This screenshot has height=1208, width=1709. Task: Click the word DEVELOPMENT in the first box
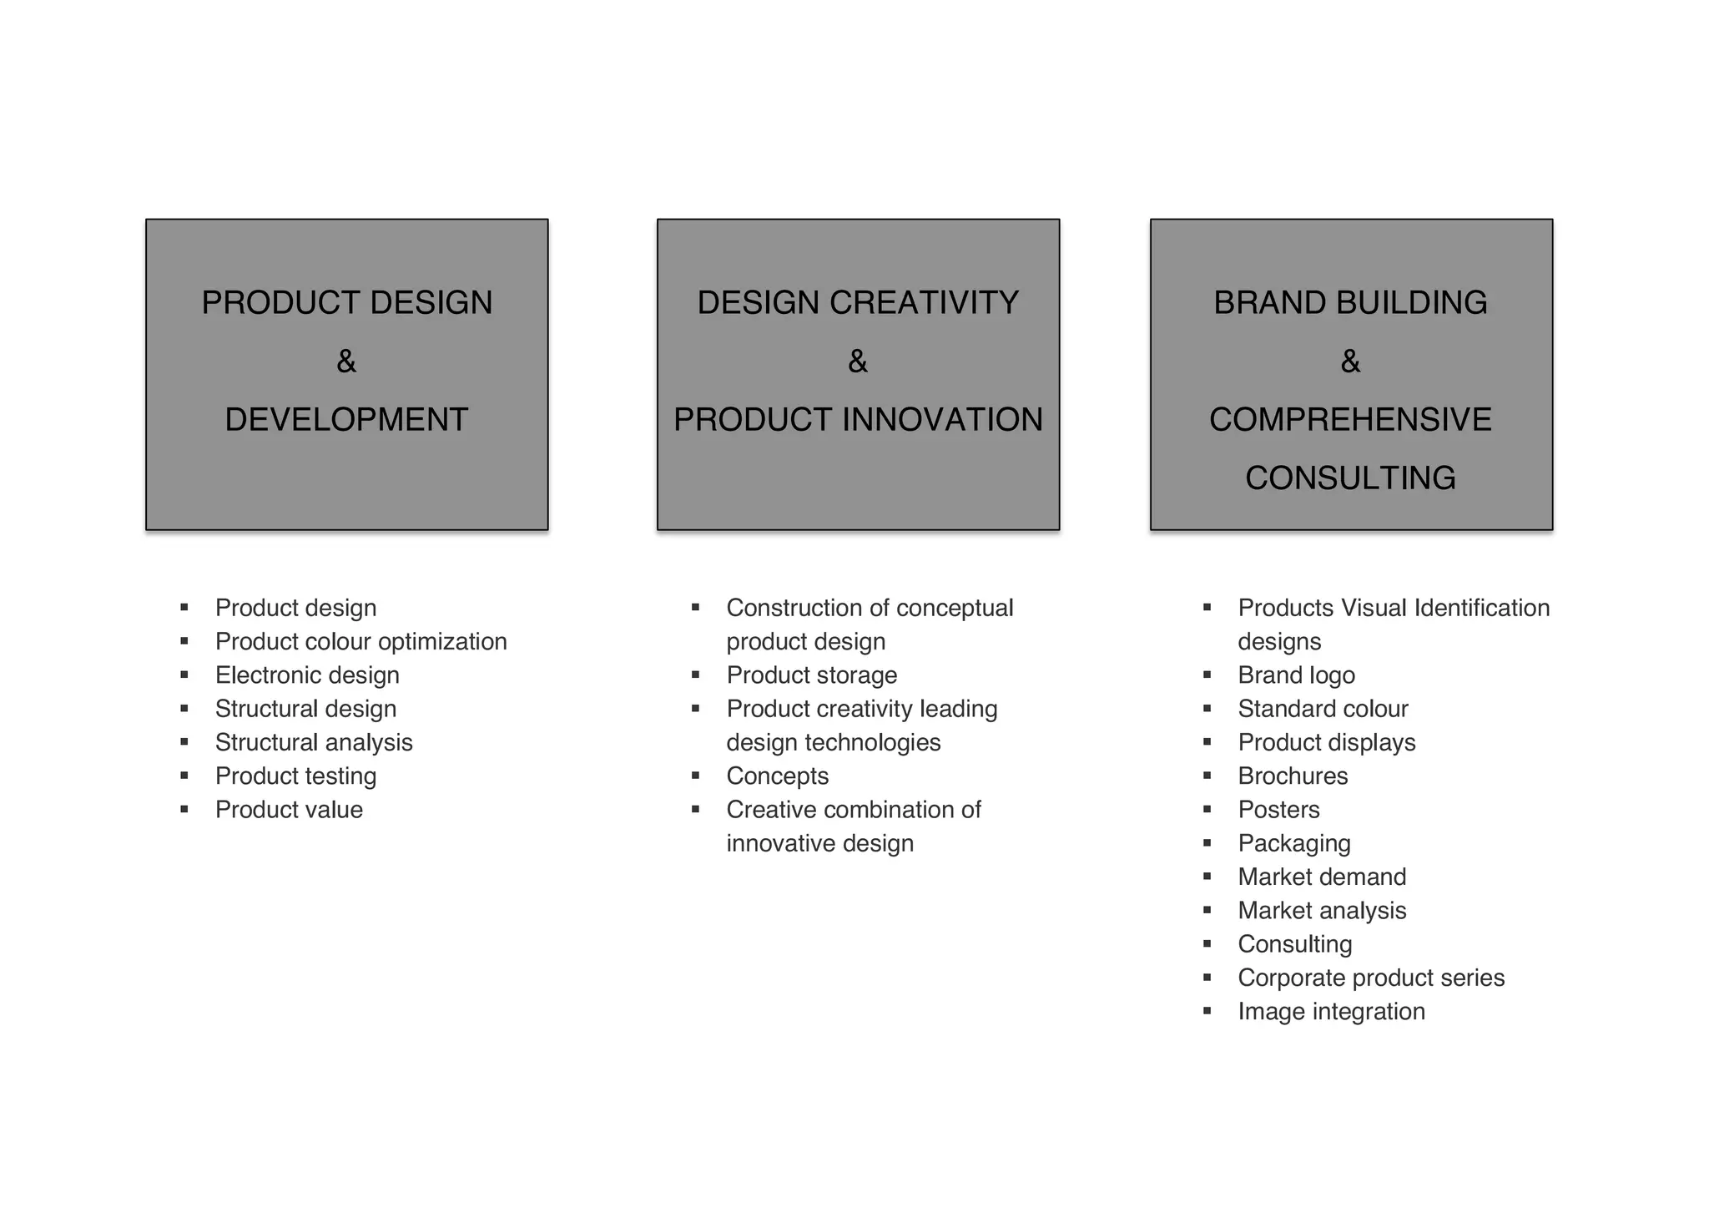[346, 419]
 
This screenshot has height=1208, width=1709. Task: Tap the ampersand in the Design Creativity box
[858, 361]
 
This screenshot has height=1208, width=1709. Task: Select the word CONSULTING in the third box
[1350, 478]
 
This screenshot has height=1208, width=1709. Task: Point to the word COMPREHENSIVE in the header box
[1350, 419]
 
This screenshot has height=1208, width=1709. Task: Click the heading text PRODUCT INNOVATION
[858, 419]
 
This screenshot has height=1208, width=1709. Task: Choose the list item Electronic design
[307, 675]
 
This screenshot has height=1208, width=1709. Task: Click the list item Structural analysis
[314, 742]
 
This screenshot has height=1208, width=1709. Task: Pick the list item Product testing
[295, 776]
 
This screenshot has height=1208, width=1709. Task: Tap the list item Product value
[289, 809]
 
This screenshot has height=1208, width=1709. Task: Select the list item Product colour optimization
[360, 641]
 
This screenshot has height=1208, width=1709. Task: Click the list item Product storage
[811, 675]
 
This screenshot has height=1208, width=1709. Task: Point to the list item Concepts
[777, 776]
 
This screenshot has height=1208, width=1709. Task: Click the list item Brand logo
[1296, 675]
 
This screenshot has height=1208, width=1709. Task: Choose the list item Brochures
[1293, 776]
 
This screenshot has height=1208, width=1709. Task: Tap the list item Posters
[1278, 809]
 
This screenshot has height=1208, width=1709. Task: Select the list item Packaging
[1293, 843]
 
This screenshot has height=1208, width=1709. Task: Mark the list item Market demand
[1322, 877]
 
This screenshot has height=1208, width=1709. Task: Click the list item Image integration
[1331, 1011]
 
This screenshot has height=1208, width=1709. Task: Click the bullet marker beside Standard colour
[1207, 709]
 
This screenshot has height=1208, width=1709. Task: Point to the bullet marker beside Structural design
[184, 709]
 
